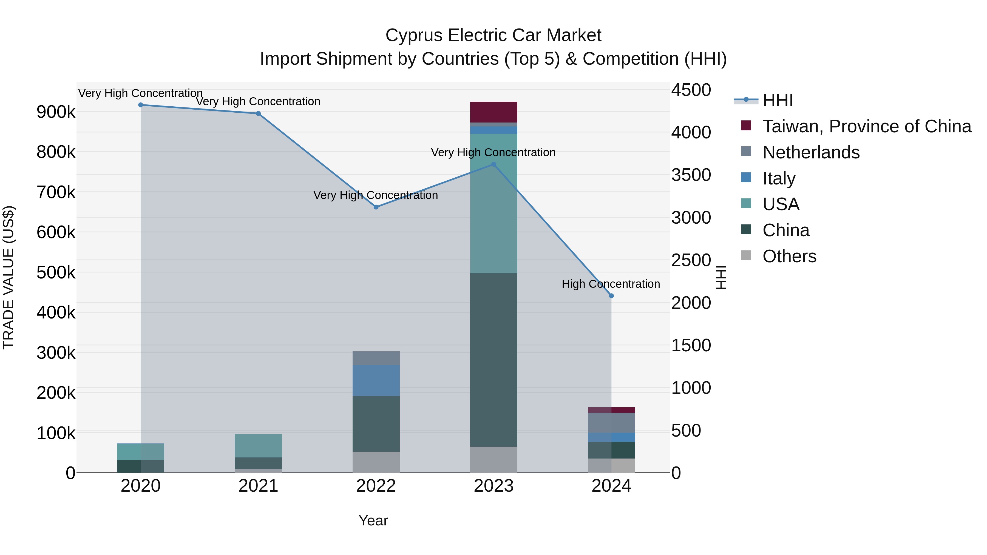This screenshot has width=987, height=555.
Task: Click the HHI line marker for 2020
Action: (141, 105)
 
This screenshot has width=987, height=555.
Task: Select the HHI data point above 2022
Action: (376, 207)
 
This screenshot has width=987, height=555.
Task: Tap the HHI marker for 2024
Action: (611, 296)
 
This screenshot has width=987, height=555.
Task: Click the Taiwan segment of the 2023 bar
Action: (493, 112)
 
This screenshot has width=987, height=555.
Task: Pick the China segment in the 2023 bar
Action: (493, 360)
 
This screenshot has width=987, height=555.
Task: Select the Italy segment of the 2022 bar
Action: (376, 380)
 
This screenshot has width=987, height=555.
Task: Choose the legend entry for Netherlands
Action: (811, 152)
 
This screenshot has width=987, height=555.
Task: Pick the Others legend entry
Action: (789, 256)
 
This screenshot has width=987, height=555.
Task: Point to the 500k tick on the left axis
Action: (56, 273)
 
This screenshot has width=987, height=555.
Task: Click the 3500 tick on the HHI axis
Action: (691, 175)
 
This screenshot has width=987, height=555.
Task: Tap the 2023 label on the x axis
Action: (493, 486)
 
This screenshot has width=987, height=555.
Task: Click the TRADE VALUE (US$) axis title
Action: (8, 277)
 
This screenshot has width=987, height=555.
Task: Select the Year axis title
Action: (373, 520)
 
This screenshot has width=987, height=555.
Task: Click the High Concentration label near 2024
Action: (611, 284)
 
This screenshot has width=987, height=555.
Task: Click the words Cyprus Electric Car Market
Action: (493, 35)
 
